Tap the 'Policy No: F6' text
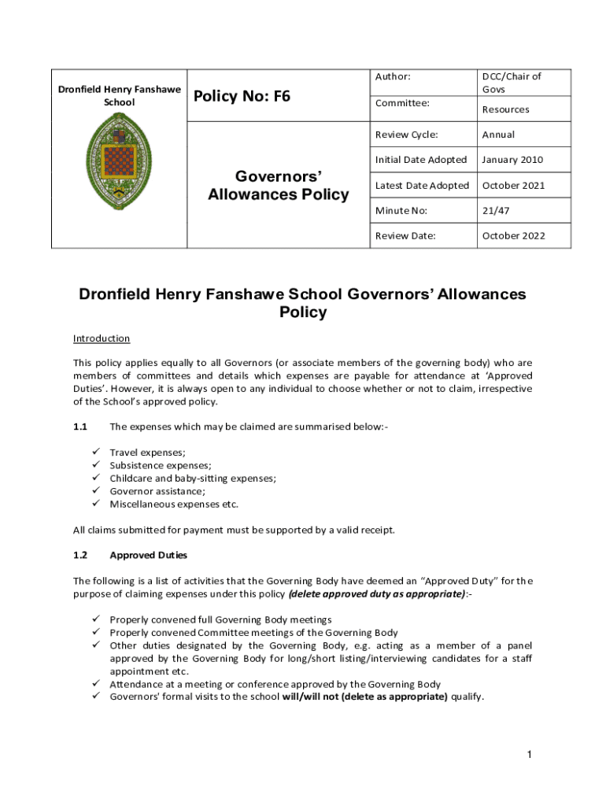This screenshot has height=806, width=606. coord(242,96)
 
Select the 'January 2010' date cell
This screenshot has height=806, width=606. coord(512,160)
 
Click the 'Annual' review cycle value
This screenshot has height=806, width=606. coord(498,135)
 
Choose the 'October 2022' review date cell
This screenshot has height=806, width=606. coord(513,235)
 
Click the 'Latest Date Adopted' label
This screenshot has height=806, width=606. coord(422,185)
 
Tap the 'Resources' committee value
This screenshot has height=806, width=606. coord(505,109)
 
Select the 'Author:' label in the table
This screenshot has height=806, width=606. coord(393,76)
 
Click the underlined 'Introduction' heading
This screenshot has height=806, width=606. coord(102,338)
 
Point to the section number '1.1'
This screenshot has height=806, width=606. coord(80,427)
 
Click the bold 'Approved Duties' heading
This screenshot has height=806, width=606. coord(148,555)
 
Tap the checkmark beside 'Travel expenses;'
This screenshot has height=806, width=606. coord(95,452)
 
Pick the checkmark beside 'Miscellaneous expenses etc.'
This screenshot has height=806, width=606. coord(95,504)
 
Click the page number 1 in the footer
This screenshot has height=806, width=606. coord(530,756)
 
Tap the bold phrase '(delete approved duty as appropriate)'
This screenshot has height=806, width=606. coord(377,593)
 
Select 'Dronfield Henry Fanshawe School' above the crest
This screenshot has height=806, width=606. coord(119,95)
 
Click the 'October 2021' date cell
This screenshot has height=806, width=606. coord(513,185)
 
